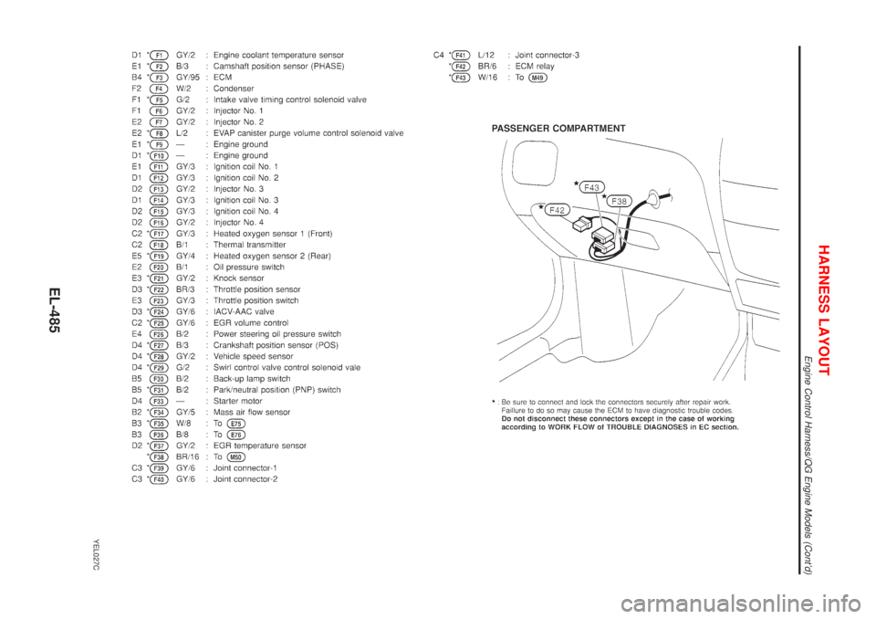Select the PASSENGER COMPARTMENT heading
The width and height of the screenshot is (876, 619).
pos(559,129)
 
